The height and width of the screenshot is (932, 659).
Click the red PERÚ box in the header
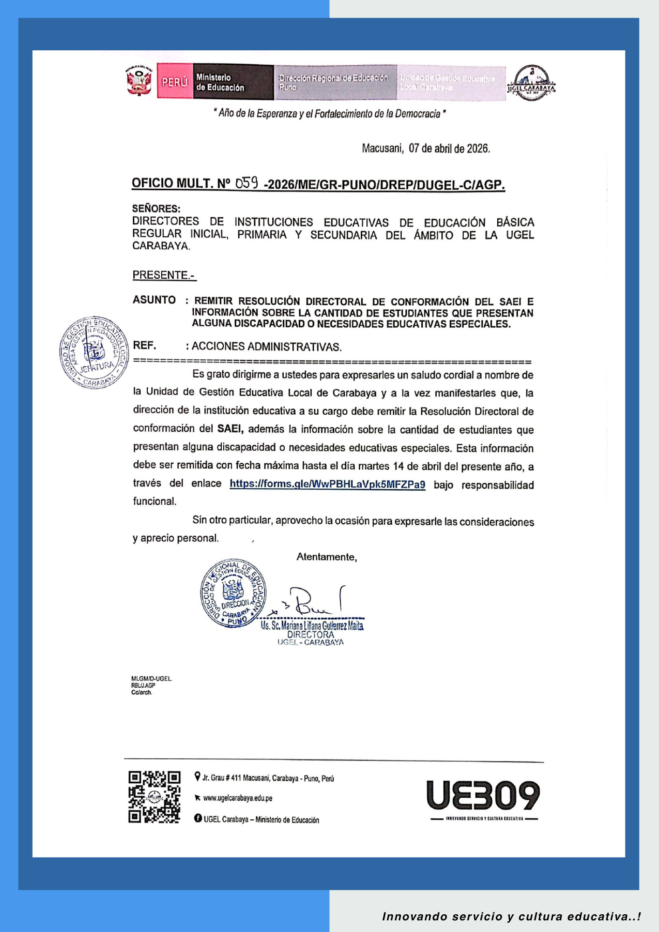[x=175, y=82]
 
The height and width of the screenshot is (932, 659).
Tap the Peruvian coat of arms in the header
[x=139, y=81]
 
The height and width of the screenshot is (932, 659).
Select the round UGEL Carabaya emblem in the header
[x=531, y=83]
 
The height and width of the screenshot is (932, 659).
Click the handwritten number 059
[x=247, y=183]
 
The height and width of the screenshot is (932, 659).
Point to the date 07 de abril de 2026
[x=449, y=149]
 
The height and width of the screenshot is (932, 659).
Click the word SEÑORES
[x=156, y=208]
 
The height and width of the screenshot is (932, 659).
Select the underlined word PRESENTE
[x=163, y=275]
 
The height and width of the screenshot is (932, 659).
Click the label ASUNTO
[x=154, y=300]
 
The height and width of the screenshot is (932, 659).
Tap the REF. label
[x=144, y=345]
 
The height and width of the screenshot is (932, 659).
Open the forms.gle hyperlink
[x=327, y=484]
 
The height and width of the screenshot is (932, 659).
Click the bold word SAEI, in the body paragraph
[x=231, y=428]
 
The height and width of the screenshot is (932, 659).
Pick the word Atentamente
[x=327, y=557]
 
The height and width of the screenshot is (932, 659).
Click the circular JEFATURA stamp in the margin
[x=94, y=352]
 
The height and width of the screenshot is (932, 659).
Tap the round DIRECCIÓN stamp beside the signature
[x=233, y=593]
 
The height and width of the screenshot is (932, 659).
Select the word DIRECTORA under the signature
[x=310, y=635]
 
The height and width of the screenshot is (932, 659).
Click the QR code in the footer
[x=154, y=797]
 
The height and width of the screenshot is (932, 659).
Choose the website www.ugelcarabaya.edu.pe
[x=238, y=798]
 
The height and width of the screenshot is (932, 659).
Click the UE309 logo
[x=483, y=795]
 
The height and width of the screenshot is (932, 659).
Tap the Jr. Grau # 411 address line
[x=268, y=778]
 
